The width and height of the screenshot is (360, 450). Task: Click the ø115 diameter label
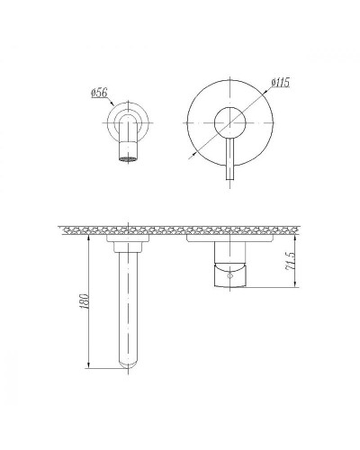coord(282,84)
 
